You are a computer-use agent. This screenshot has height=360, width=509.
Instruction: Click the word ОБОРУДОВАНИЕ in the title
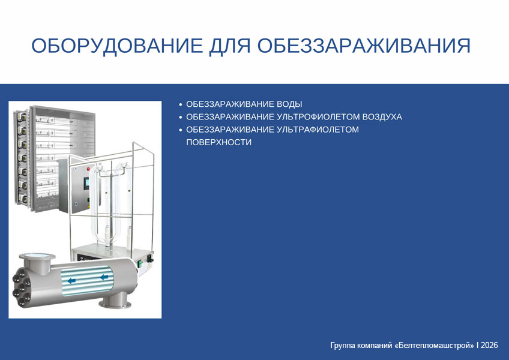click(x=117, y=46)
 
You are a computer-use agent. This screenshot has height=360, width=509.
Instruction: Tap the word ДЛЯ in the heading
click(x=230, y=46)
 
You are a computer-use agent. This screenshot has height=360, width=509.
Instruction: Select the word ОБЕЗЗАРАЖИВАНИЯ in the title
click(x=364, y=46)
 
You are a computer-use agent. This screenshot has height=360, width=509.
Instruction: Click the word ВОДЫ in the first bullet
click(x=289, y=104)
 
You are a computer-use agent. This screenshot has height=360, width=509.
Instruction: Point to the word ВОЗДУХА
click(x=382, y=117)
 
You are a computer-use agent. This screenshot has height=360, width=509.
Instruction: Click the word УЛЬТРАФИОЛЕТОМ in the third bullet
click(x=318, y=130)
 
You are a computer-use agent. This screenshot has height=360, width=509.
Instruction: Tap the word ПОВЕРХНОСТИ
click(x=219, y=142)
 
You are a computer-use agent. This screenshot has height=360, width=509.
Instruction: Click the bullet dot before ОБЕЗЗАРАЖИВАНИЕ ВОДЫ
click(x=181, y=104)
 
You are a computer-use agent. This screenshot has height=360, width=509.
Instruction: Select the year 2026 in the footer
click(x=489, y=345)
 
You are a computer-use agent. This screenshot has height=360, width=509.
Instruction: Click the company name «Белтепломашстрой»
click(x=435, y=345)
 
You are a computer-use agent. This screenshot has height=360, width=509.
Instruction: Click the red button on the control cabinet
click(x=88, y=169)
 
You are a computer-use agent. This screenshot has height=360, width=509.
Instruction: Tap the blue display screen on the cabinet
click(x=86, y=183)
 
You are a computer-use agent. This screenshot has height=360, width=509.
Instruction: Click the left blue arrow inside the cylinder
click(x=72, y=280)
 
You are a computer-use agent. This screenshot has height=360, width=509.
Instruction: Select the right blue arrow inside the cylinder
click(x=104, y=277)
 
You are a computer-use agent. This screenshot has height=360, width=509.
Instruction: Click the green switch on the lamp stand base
click(x=140, y=263)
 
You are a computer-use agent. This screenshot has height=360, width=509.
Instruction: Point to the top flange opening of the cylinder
click(x=37, y=256)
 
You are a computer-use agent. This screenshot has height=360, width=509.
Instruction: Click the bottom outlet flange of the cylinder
click(x=115, y=304)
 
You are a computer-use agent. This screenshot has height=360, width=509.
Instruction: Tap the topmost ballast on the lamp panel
click(x=22, y=116)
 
